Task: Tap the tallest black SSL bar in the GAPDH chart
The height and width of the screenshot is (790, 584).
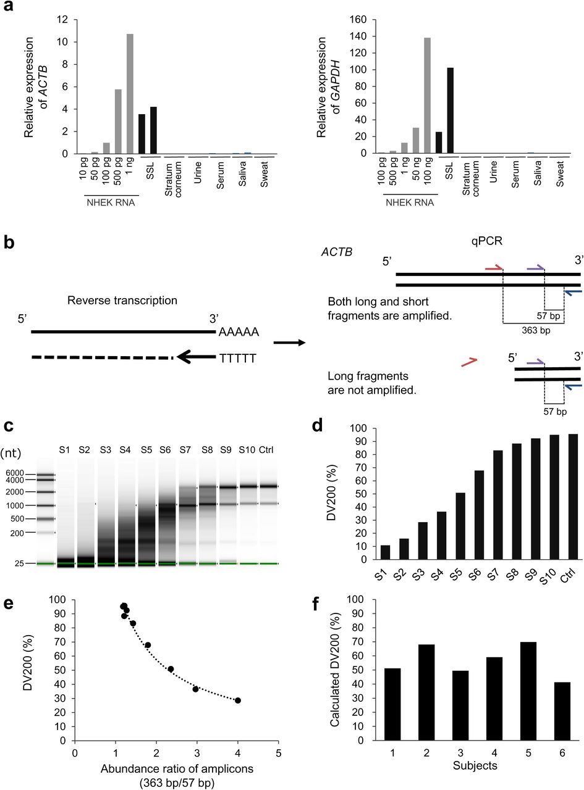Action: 450,110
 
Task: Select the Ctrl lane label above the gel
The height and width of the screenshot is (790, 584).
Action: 268,431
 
